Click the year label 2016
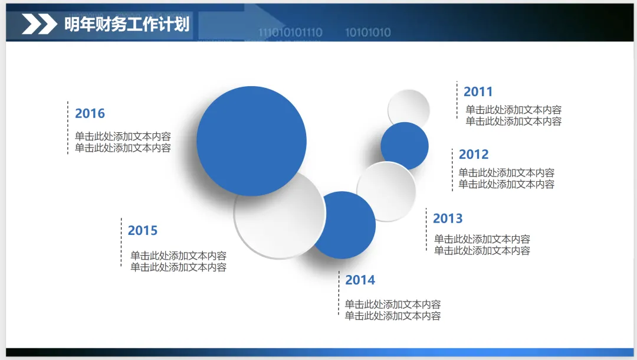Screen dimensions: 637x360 click(x=90, y=113)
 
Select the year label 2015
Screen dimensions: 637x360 click(x=143, y=230)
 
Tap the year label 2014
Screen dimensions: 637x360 click(x=360, y=280)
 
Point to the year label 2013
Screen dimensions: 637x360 click(x=448, y=218)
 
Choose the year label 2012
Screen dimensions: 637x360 click(x=474, y=155)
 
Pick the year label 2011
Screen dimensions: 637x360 click(x=478, y=92)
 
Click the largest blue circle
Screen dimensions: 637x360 click(x=251, y=141)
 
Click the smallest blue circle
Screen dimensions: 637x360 click(x=405, y=145)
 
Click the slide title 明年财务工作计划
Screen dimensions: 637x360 click(x=127, y=24)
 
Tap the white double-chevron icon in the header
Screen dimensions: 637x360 click(x=40, y=24)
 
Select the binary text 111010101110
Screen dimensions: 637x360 click(x=290, y=32)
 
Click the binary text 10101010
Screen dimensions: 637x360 click(x=368, y=32)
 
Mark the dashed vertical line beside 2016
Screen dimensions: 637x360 click(x=68, y=127)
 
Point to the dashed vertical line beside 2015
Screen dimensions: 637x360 click(x=121, y=242)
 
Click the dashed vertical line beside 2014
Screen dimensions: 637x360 click(x=339, y=293)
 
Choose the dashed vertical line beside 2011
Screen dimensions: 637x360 click(x=457, y=100)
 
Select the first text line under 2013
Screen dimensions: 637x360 click(x=482, y=239)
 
